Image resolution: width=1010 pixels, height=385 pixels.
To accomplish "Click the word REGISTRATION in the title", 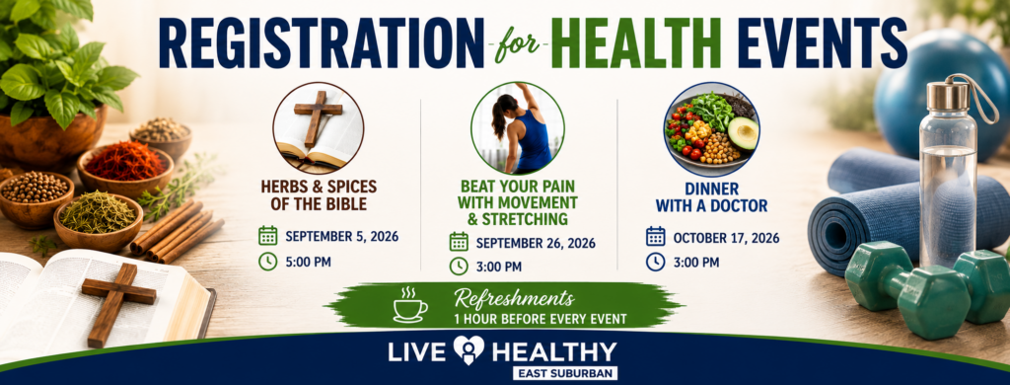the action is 321,43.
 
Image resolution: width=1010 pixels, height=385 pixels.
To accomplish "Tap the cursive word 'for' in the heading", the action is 519,45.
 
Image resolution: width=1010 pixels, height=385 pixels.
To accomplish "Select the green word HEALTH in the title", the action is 636,43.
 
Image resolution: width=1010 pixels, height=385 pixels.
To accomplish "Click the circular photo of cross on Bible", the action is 319,128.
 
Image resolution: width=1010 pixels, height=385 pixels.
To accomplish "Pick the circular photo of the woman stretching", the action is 517,128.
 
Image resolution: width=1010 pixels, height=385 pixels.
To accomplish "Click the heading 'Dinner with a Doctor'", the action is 711,198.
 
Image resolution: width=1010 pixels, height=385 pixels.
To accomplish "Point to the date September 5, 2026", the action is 342,236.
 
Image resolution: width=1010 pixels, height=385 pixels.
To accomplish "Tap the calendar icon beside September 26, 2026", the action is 459,242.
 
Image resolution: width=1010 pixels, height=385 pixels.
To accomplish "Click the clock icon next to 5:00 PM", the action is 268,262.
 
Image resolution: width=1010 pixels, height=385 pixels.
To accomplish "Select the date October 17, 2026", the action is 726,238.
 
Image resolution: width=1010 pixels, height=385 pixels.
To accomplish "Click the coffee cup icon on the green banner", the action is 409,306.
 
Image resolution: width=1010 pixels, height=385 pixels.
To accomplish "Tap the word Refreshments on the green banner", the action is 513,298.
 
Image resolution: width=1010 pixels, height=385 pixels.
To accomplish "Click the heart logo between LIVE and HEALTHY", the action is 469,350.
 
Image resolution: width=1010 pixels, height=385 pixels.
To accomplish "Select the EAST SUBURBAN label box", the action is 565,373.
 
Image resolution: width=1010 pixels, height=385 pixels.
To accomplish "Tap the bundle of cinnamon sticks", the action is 177,231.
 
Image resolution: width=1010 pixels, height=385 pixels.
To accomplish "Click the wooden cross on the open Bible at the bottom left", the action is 118,302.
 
